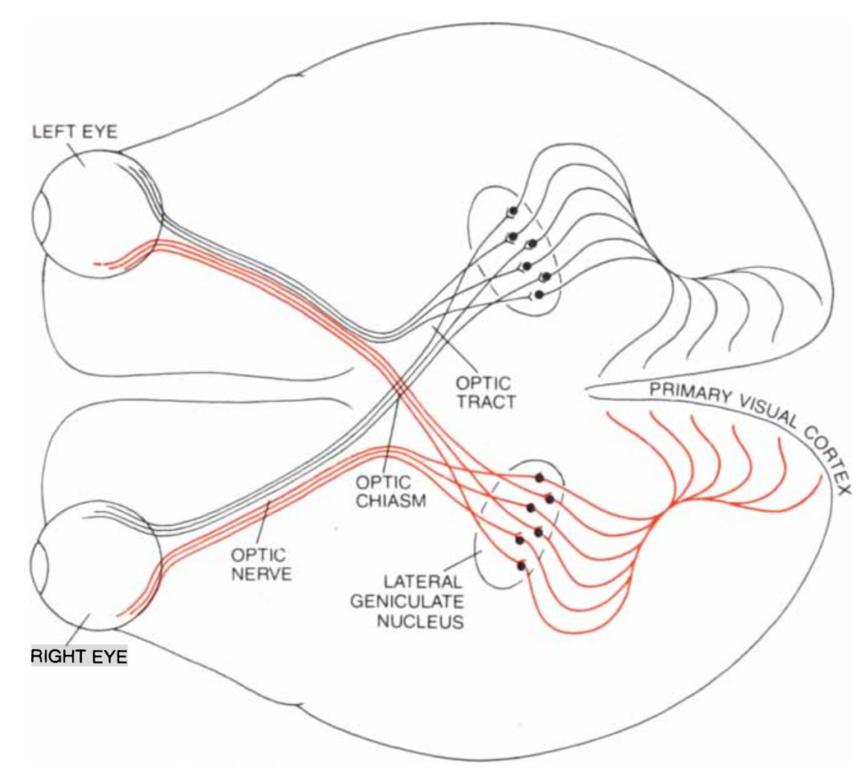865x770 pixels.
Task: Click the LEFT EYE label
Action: (74, 133)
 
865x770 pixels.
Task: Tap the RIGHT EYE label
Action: (79, 655)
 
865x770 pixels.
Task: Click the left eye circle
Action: (97, 213)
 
